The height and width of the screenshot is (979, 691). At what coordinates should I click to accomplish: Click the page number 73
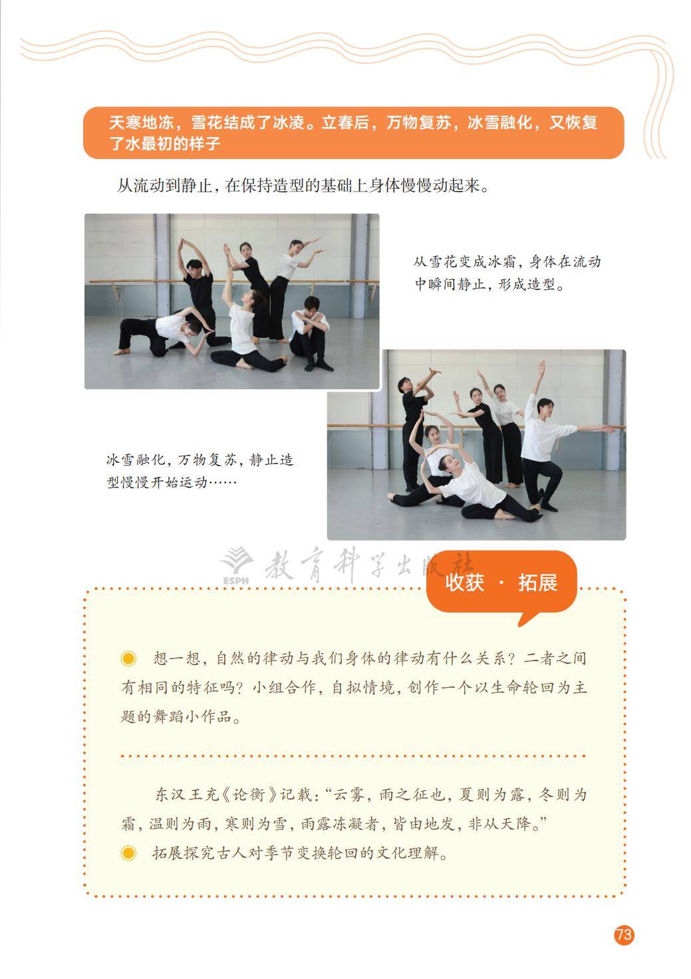tap(623, 935)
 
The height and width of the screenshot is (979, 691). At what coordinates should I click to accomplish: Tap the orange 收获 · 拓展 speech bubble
tap(501, 583)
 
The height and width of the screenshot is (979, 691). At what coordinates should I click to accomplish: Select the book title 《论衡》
tap(246, 795)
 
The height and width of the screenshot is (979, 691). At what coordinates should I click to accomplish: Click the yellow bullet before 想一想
tap(128, 658)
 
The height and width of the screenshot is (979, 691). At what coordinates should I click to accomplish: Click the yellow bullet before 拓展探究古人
tap(128, 853)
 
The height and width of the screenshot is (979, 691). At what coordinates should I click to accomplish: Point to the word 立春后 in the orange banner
tap(346, 124)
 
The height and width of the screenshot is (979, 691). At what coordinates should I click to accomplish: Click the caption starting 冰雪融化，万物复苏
tap(200, 470)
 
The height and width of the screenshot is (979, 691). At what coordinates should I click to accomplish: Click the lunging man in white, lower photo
tap(545, 452)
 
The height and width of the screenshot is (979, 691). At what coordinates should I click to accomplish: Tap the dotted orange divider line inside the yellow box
tap(352, 756)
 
